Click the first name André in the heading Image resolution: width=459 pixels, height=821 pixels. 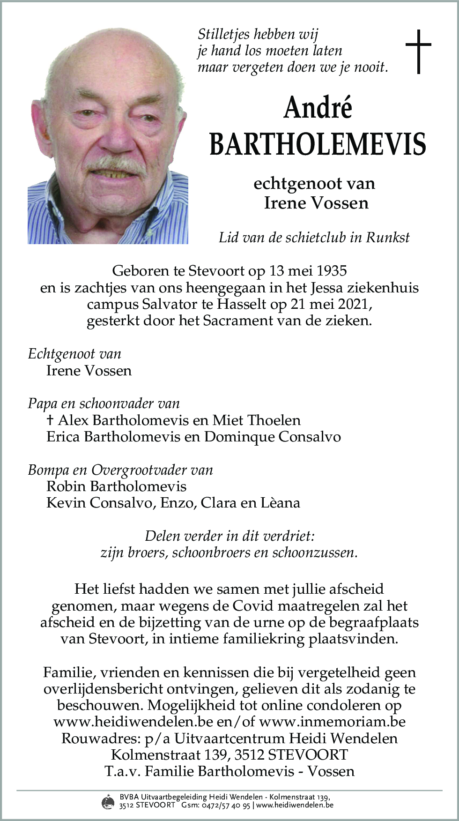pyautogui.click(x=318, y=108)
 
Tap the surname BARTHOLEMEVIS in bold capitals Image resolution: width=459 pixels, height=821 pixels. pyautogui.click(x=318, y=144)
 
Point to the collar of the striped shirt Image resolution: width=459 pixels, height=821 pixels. pyautogui.click(x=155, y=206)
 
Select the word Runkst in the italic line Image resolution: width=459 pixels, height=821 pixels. pyautogui.click(x=387, y=238)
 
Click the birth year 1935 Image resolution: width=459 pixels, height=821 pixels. pyautogui.click(x=331, y=271)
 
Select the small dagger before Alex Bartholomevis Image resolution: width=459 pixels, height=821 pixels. pyautogui.click(x=50, y=419)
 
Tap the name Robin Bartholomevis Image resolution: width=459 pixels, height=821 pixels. pyautogui.click(x=116, y=486)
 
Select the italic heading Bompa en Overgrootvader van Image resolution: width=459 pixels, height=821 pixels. pyautogui.click(x=120, y=470)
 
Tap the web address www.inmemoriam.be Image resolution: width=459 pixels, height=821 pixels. pyautogui.click(x=332, y=722)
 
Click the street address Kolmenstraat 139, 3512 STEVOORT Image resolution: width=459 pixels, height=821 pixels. pyautogui.click(x=229, y=754)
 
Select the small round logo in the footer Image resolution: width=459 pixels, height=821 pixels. pyautogui.click(x=108, y=802)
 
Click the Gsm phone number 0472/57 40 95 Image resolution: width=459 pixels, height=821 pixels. pyautogui.click(x=227, y=806)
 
